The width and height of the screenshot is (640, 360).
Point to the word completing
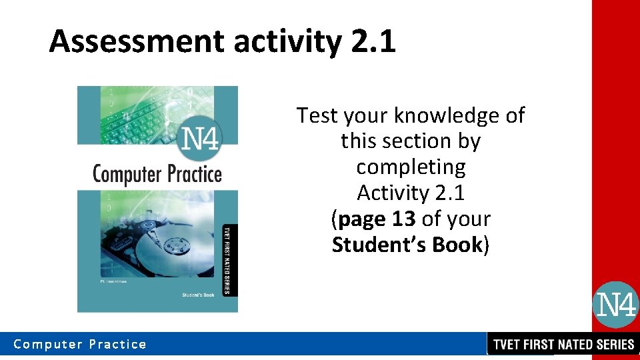pos(411,167)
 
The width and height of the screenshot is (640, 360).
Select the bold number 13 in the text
pos(403,219)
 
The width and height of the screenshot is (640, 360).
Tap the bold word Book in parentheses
pos(457,245)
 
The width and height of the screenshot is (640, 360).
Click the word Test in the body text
pos(317,116)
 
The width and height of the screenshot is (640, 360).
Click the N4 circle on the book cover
pos(200,140)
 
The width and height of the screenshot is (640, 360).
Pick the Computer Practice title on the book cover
pos(157,174)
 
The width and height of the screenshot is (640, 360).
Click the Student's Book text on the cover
pos(198,295)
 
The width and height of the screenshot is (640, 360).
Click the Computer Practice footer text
pos(80,345)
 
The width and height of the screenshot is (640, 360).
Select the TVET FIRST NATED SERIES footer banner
pos(563,345)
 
